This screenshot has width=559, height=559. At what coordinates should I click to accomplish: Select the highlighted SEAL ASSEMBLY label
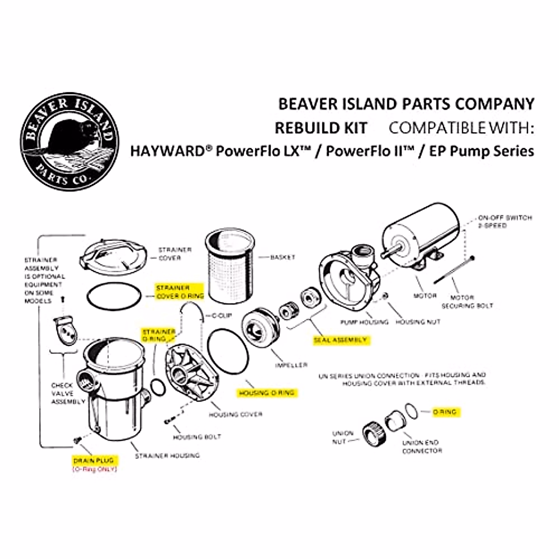(x=340, y=340)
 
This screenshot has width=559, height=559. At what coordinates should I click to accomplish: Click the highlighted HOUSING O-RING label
(x=266, y=393)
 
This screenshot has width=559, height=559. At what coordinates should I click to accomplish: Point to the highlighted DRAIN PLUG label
(x=93, y=461)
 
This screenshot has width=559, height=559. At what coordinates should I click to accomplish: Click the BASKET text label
(x=283, y=257)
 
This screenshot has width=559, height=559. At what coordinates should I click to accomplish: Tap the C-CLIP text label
(x=222, y=316)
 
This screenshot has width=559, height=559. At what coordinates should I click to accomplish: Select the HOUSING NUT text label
(x=418, y=322)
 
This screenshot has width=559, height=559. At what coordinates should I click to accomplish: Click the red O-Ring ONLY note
(x=94, y=469)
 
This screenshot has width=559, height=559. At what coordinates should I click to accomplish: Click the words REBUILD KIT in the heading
(x=321, y=128)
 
